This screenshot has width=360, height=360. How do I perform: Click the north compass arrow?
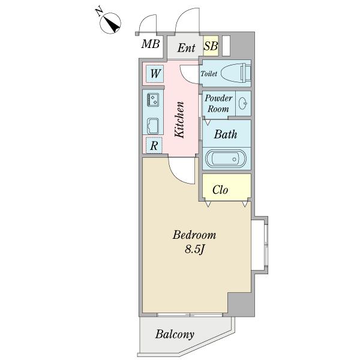click(112, 23)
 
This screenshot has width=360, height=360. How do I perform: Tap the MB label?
click(151, 44)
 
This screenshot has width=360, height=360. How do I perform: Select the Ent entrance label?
click(185, 47)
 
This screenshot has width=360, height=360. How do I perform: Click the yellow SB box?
click(211, 46)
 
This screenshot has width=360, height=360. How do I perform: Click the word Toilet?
click(208, 74)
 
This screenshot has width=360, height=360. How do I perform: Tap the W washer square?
click(154, 74)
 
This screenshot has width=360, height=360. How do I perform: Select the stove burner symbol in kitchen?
click(152, 100)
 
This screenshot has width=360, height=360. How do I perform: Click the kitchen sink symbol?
click(152, 126)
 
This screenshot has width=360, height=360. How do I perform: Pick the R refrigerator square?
click(154, 145)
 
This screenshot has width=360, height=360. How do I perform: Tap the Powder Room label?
click(218, 103)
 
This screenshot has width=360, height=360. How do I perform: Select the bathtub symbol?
click(226, 159)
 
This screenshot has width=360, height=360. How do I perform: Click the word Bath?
click(225, 134)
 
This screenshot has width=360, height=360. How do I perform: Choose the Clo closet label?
click(221, 191)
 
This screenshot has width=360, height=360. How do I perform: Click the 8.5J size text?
click(194, 248)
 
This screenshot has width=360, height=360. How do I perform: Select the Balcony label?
click(175, 334)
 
